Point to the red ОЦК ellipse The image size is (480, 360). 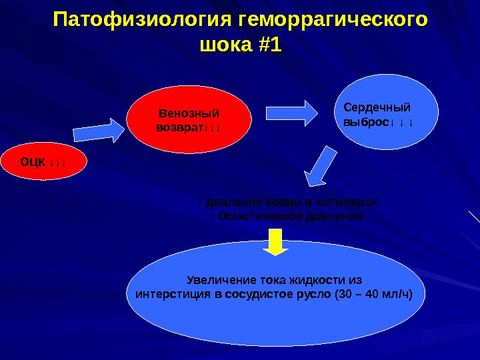[43, 161]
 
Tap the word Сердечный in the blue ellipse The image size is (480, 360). [377, 107]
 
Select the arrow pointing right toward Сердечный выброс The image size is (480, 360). [293, 113]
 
